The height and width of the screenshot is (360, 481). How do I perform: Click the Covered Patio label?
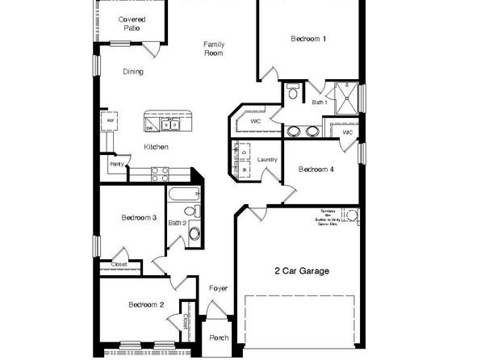click(132, 23)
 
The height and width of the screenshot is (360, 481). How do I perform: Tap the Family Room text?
click(213, 48)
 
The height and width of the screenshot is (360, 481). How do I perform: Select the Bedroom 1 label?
click(308, 39)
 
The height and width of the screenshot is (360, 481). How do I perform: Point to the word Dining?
click(133, 72)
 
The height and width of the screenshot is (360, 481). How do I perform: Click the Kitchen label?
click(156, 147)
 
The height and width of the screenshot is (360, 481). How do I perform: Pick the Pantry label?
click(116, 164)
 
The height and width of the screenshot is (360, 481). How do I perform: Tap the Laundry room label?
click(267, 160)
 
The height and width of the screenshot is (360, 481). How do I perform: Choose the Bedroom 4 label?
click(316, 169)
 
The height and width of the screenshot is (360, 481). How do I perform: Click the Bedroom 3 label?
click(138, 217)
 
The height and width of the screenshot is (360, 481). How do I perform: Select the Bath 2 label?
click(178, 223)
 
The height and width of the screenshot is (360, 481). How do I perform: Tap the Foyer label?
click(218, 288)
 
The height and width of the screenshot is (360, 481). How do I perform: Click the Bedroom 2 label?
click(147, 304)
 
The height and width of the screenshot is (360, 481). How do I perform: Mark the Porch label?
click(218, 338)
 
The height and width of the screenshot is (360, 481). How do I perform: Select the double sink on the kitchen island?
click(170, 124)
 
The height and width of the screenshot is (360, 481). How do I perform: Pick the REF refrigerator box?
click(110, 121)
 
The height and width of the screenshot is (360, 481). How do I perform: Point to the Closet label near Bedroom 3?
click(119, 263)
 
